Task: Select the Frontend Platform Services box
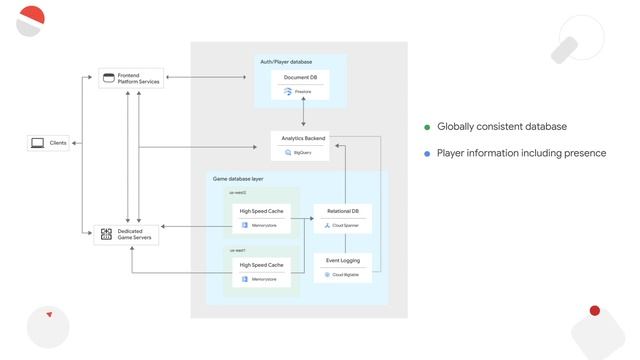click(130, 78)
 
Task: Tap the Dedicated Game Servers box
click(127, 235)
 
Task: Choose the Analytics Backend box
click(302, 145)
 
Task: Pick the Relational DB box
click(342, 218)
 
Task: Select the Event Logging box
click(342, 266)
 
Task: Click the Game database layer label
click(238, 179)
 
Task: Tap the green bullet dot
click(427, 128)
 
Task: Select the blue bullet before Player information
click(427, 154)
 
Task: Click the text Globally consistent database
click(502, 127)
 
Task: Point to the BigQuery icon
click(288, 153)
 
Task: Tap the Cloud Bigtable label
click(346, 274)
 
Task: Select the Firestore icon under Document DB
click(287, 91)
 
